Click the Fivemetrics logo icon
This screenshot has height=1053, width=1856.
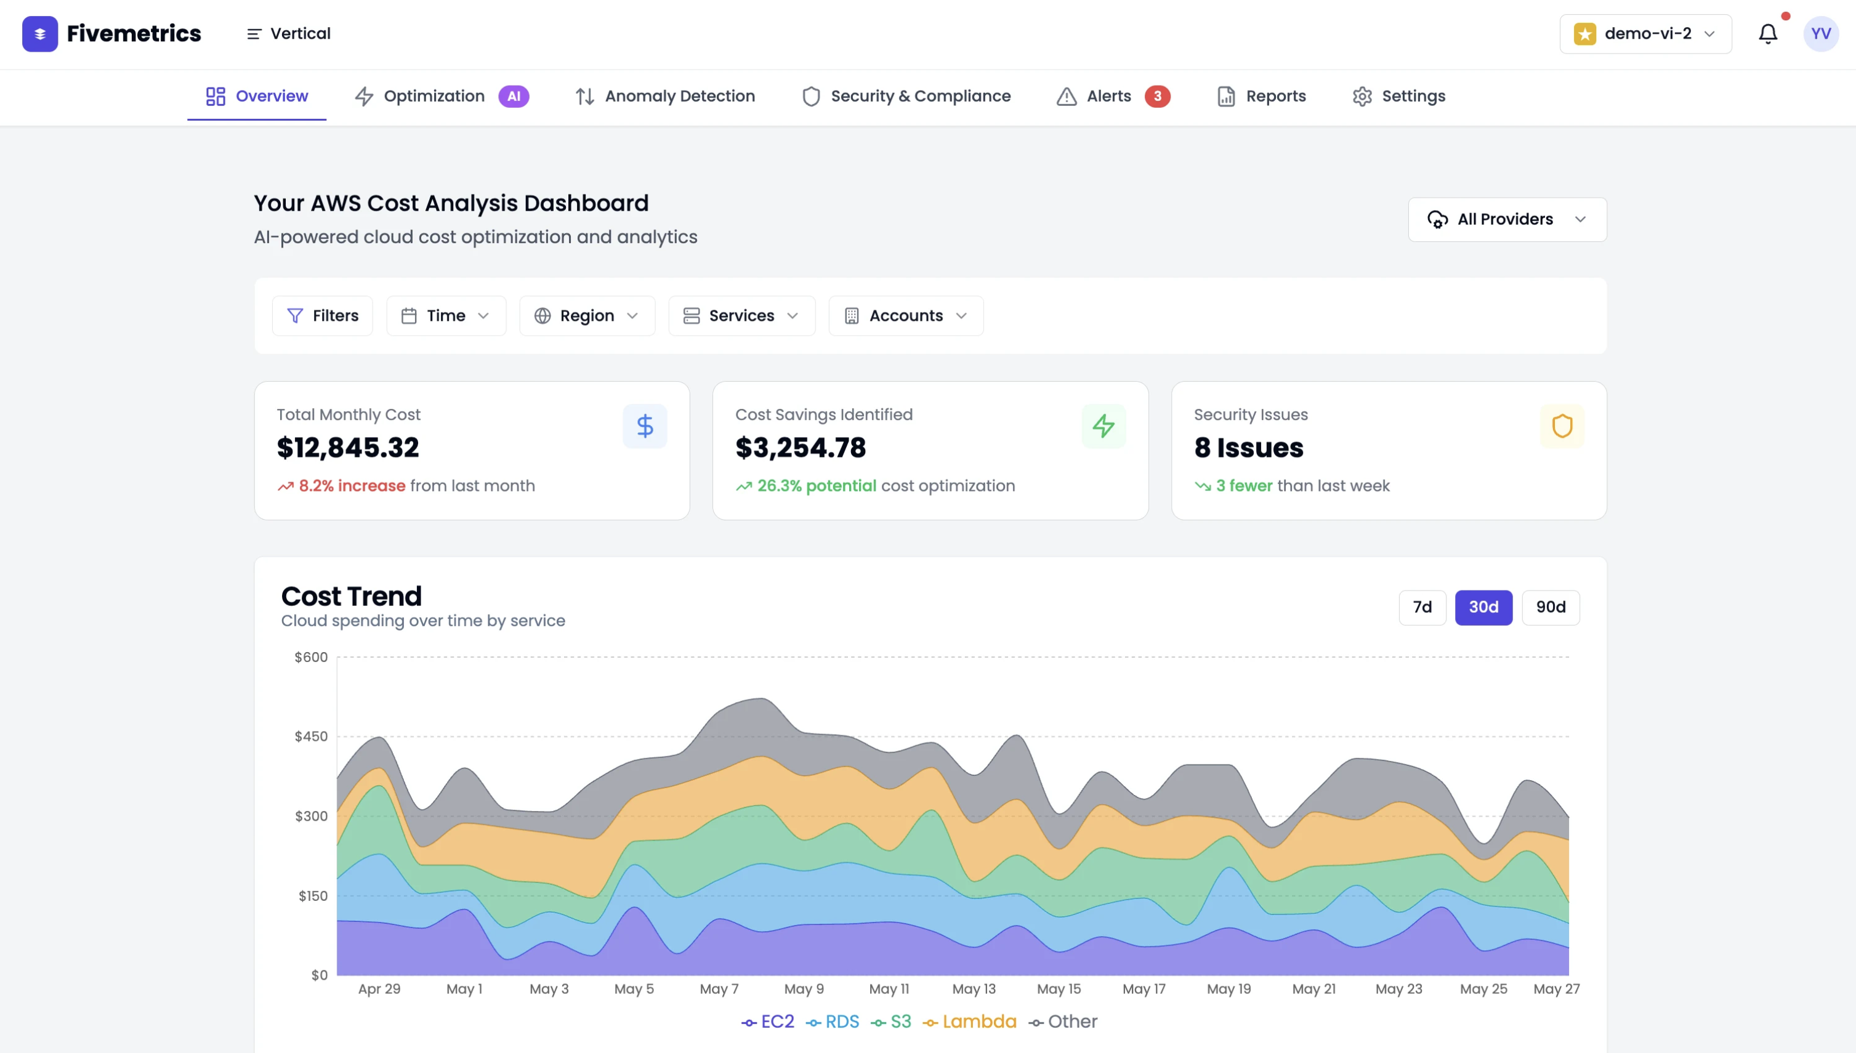click(x=40, y=34)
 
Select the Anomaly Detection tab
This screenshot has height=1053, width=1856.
click(x=664, y=96)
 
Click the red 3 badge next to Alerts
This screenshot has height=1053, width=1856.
click(x=1157, y=96)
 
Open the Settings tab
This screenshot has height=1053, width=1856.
click(x=1398, y=96)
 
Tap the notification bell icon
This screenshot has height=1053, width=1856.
click(x=1768, y=34)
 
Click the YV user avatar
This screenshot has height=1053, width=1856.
click(x=1820, y=34)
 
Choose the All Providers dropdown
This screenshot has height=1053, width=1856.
click(x=1507, y=219)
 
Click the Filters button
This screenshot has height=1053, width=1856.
click(x=323, y=316)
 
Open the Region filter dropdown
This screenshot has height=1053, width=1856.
click(x=586, y=316)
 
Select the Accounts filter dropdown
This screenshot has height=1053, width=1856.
click(x=905, y=316)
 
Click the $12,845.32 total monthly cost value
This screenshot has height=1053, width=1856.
click(x=348, y=448)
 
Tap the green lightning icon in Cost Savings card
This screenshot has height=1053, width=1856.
click(x=1103, y=426)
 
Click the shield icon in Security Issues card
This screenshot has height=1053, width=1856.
click(x=1561, y=426)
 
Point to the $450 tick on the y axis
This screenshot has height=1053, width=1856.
click(x=311, y=737)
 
